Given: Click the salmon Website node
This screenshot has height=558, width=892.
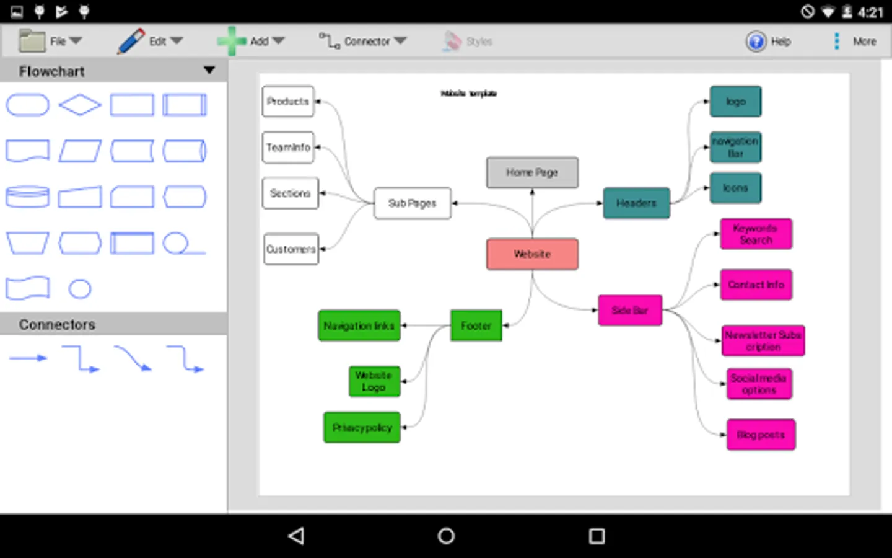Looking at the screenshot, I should pos(532,254).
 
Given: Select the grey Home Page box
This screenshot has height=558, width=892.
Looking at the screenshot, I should pos(532,172).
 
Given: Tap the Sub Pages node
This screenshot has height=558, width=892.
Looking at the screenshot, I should pos(412,203).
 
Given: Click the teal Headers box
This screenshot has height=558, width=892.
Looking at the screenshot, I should pos(636,203).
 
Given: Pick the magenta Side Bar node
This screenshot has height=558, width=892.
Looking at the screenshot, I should pos(630,311).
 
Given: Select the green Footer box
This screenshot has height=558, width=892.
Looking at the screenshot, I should pos(476,325).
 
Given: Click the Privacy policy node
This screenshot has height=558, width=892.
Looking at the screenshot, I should pos(362,428).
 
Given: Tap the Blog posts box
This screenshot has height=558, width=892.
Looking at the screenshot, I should pos(761,435).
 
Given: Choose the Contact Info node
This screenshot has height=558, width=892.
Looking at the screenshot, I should pos(756,285).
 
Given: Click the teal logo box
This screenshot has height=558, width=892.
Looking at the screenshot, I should pos(735,102).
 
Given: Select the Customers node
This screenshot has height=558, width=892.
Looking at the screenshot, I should pos(291,249).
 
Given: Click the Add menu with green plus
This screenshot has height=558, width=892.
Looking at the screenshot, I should pos(251,42).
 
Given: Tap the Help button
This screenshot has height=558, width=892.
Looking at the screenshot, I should pos(768,42).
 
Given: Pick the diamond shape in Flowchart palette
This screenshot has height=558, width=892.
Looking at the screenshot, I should pos(80,105).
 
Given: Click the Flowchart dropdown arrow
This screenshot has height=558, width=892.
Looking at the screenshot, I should pos(209,71).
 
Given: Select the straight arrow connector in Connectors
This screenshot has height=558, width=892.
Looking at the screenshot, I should pos(28,358).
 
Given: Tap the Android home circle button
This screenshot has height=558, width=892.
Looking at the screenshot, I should pos(446,536).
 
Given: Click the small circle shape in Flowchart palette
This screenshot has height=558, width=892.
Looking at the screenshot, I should pos(80,289).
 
